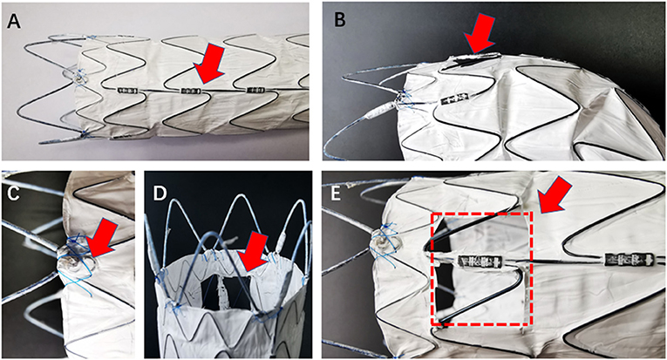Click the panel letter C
[x=12, y=190]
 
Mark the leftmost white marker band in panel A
[x=125, y=89]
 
